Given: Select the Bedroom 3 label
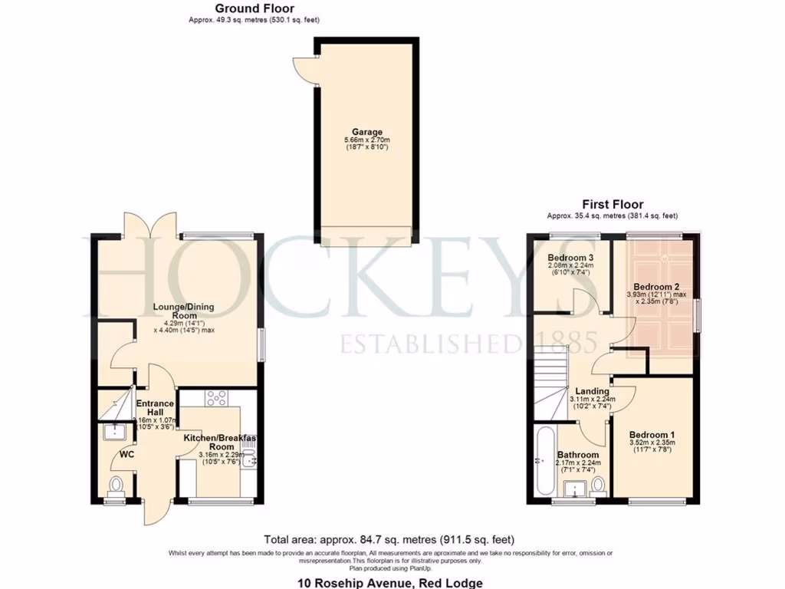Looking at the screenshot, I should point(571,257).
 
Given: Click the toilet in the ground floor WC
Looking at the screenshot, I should point(116,486).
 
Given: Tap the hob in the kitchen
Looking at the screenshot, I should point(216,397).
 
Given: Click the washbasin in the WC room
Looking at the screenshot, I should point(115,432).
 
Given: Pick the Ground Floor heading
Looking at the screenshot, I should point(253,8).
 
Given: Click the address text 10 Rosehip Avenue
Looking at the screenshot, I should point(390,583).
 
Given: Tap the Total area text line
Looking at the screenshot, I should point(389,539).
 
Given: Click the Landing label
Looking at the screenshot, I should point(593,391).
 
